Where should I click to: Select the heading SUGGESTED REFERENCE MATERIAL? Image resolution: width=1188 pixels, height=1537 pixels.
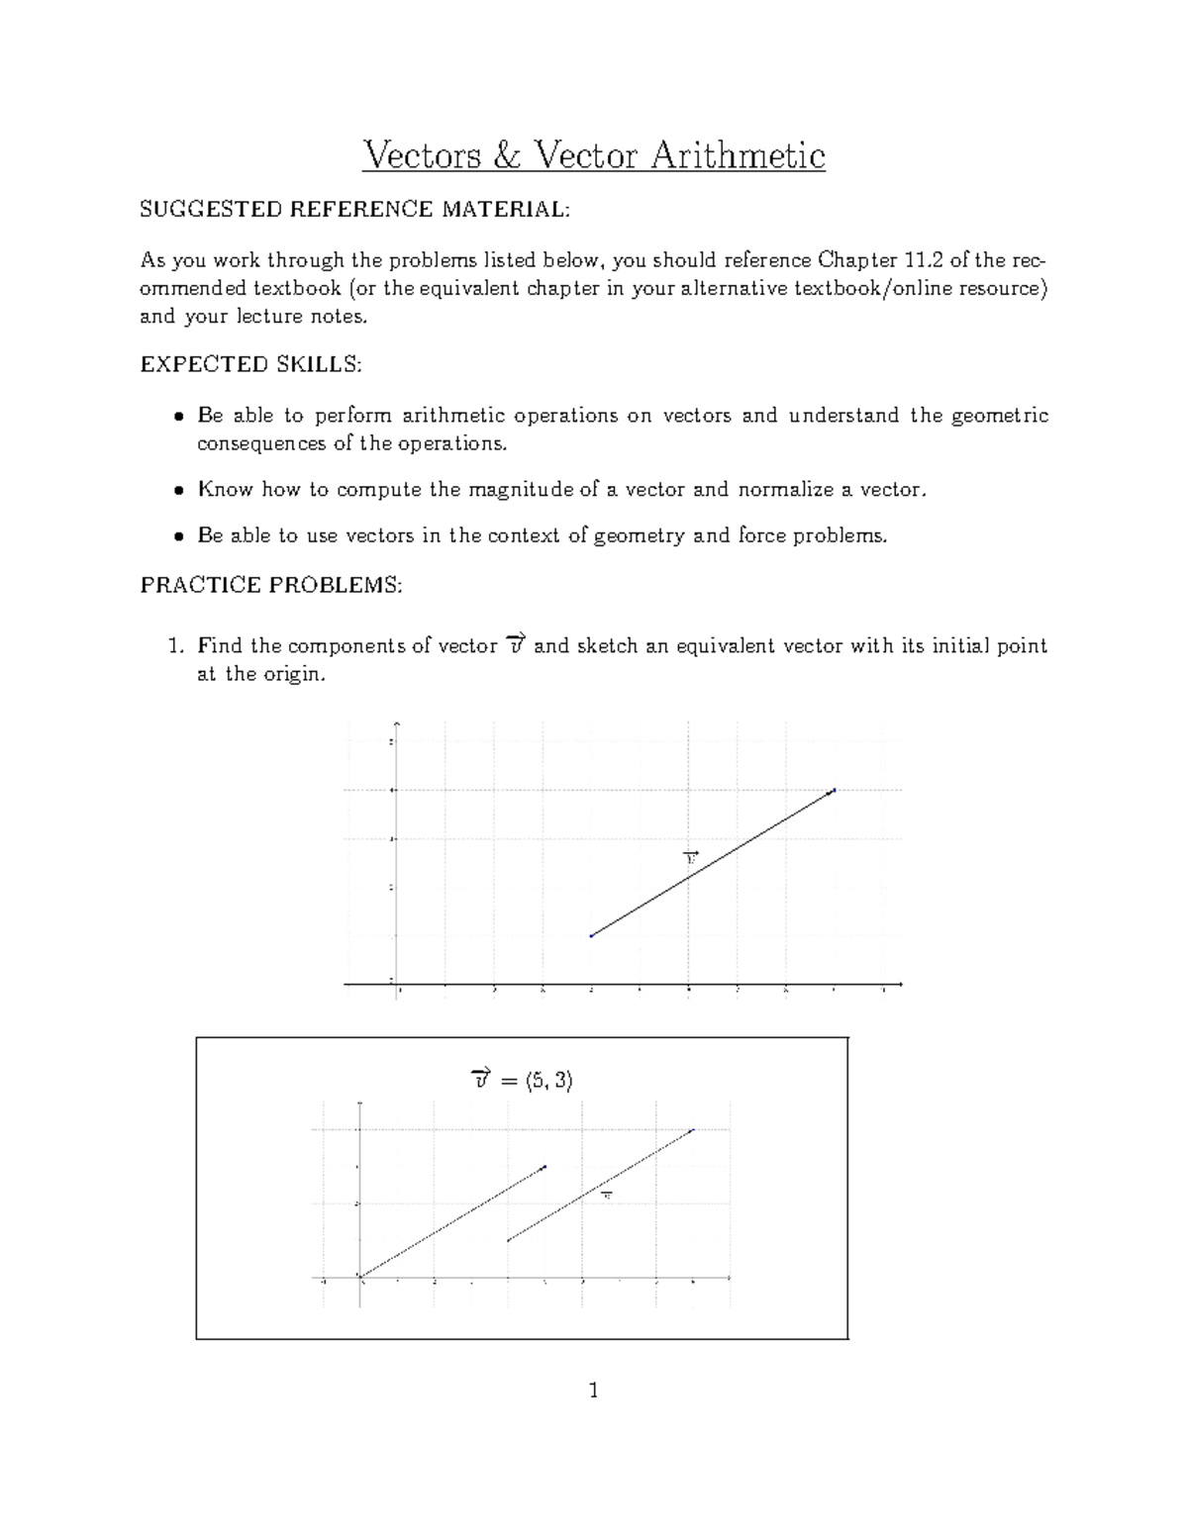click(355, 209)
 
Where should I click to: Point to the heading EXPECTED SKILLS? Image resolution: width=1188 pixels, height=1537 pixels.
click(251, 364)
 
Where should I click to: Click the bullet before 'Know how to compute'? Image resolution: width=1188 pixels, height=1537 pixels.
click(178, 490)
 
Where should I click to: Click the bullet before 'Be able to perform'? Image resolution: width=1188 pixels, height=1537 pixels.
click(178, 416)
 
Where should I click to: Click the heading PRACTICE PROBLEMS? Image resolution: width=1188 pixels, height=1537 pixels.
click(271, 585)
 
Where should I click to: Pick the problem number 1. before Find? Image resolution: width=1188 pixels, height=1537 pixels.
click(176, 646)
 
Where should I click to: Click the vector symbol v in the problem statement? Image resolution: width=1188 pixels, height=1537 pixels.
click(514, 645)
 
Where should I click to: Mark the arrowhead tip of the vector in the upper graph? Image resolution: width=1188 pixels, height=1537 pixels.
click(836, 790)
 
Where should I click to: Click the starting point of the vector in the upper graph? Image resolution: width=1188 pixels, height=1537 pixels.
click(591, 935)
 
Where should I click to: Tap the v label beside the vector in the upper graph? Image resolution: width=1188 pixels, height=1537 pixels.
click(691, 857)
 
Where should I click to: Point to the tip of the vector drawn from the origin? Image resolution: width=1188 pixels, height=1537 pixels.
click(544, 1167)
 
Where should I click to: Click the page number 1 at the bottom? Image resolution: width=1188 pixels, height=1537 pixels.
click(593, 1392)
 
